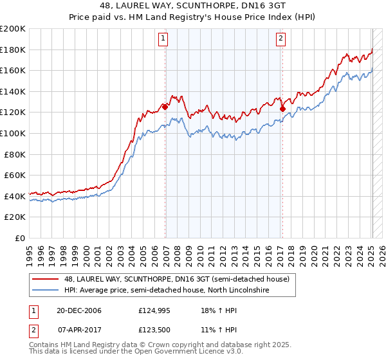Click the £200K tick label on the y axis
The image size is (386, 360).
(x=13, y=29)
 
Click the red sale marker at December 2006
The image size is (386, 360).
(x=165, y=107)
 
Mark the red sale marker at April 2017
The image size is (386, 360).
(x=282, y=109)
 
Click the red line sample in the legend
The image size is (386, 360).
(x=46, y=279)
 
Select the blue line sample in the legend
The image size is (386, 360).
(x=46, y=291)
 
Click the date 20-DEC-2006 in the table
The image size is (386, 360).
(x=75, y=311)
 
